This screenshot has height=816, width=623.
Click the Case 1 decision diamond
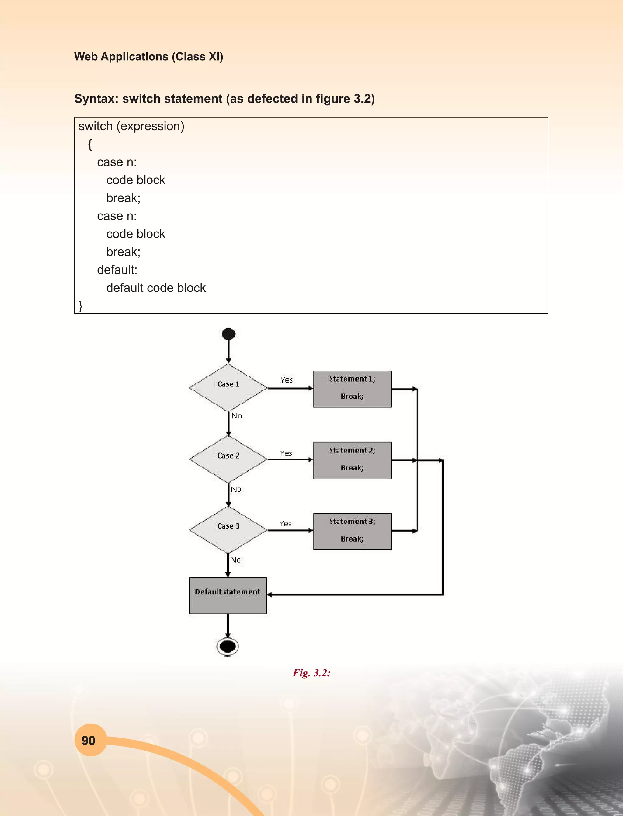coord(228,387)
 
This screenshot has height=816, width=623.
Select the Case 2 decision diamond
coord(228,459)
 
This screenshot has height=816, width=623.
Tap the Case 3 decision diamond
coord(228,530)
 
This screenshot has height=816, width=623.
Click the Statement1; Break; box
coord(352,389)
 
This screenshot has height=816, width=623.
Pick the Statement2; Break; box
coord(352,460)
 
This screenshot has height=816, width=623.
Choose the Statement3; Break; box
coord(352,531)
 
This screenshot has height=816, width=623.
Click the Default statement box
coord(228,595)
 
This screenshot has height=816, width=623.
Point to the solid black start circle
coord(228,334)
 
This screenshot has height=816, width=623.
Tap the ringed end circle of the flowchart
coord(228,647)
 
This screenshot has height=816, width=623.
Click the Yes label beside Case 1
coord(287,380)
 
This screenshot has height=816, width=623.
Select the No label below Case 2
coord(236,490)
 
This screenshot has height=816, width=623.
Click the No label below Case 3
coord(235,560)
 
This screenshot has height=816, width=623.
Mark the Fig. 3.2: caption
coord(311,673)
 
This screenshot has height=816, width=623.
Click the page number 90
coord(89,740)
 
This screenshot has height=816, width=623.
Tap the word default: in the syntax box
coord(117,270)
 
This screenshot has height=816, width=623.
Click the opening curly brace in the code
coord(90,144)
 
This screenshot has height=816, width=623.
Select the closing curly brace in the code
coord(81,306)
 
